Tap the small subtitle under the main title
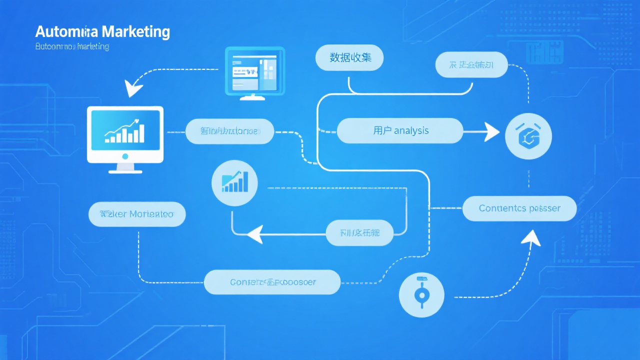point(72,47)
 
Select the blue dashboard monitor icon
point(254,70)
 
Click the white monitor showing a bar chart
point(125,134)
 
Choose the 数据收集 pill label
point(350,57)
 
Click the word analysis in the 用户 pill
point(411,131)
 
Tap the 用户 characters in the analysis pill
point(382,131)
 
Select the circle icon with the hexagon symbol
point(528,135)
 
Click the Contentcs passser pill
point(519,208)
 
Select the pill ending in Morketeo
point(136,214)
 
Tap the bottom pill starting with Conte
point(272,282)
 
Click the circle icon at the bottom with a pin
point(422,294)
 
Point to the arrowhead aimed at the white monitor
point(133,88)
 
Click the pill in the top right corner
point(471,65)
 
